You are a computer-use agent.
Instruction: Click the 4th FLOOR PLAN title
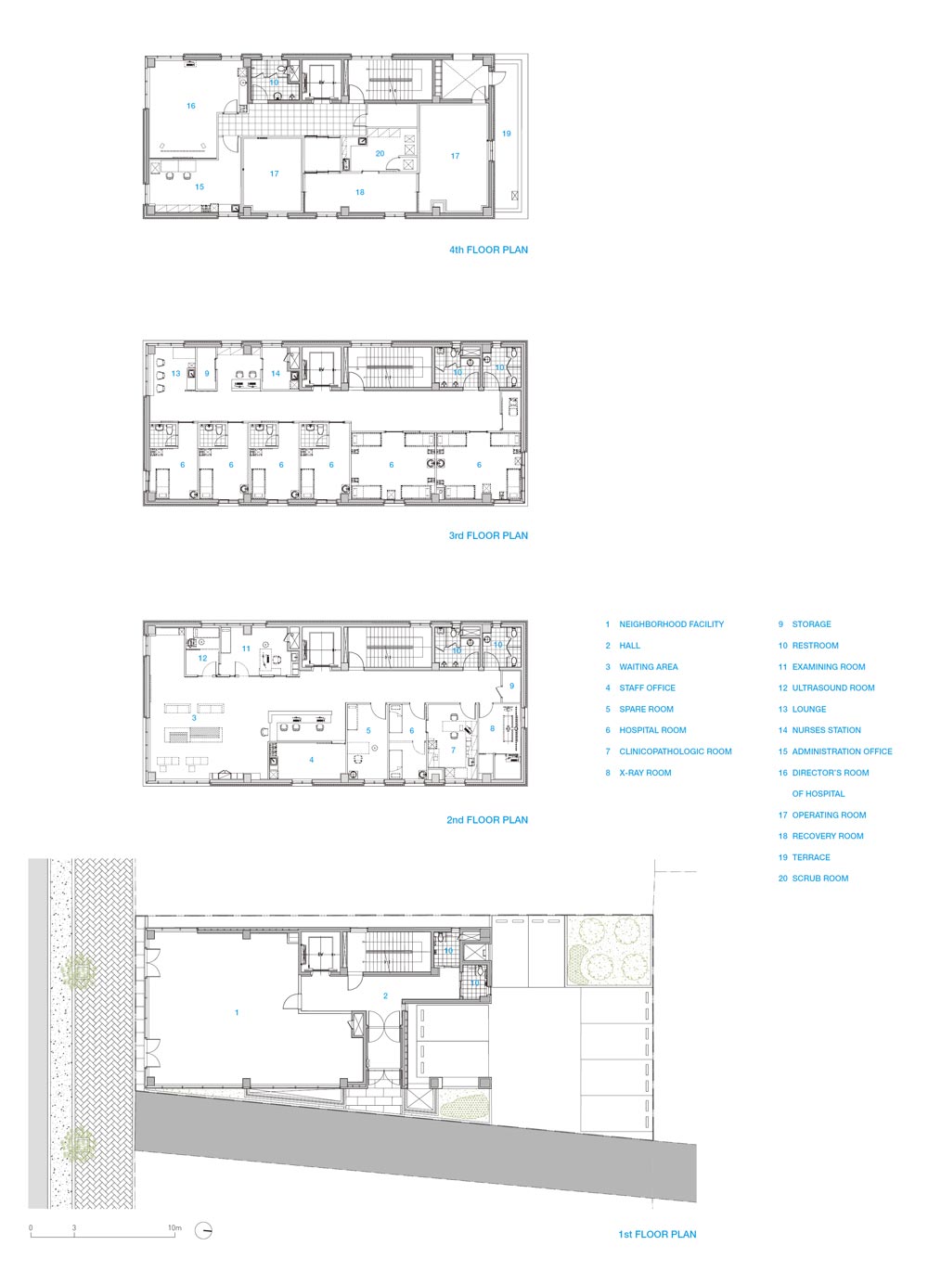(488, 250)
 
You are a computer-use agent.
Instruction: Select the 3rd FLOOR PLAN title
(488, 535)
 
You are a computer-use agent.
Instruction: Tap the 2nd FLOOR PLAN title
(487, 820)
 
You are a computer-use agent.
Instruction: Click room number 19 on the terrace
(507, 134)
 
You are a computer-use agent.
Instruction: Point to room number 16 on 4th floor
(191, 106)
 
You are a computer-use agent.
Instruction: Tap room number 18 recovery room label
(360, 192)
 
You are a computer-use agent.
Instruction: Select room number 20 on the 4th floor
(380, 153)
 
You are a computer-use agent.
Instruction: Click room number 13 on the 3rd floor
(175, 373)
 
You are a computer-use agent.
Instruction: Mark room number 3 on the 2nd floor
(194, 718)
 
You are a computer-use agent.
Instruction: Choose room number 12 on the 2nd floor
(202, 658)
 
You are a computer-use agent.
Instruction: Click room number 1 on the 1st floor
(237, 1012)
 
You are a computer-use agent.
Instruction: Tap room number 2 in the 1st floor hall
(385, 995)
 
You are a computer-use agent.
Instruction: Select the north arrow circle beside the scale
(203, 1213)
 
